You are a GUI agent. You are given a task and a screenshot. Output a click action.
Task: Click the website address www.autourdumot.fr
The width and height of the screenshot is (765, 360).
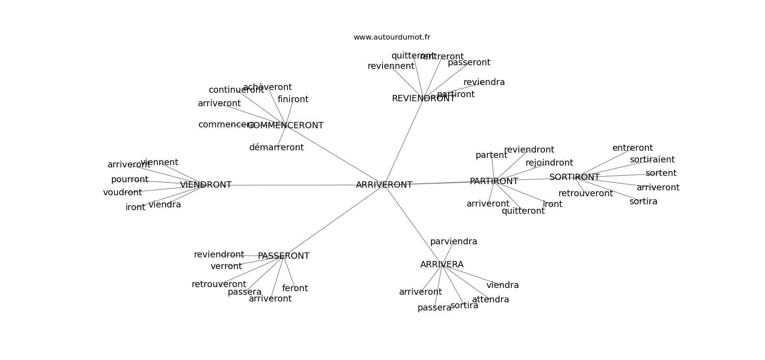pyautogui.click(x=391, y=37)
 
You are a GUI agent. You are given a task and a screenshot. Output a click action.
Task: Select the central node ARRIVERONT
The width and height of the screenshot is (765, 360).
pyautogui.click(x=384, y=185)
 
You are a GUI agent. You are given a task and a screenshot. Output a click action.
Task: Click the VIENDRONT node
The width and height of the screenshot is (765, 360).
pyautogui.click(x=206, y=185)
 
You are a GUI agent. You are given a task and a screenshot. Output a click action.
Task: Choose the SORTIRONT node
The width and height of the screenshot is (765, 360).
pyautogui.click(x=574, y=177)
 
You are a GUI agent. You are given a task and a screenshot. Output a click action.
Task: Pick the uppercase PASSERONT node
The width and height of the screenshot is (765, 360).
pyautogui.click(x=283, y=256)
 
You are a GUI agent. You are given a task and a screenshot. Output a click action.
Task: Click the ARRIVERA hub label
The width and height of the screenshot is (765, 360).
pyautogui.click(x=441, y=265)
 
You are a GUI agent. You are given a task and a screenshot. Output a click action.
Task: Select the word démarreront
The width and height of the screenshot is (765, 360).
pyautogui.click(x=276, y=148)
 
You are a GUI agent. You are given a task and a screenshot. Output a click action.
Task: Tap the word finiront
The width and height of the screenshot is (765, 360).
pyautogui.click(x=293, y=99)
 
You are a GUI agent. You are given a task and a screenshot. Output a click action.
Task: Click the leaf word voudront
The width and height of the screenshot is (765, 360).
pyautogui.click(x=122, y=193)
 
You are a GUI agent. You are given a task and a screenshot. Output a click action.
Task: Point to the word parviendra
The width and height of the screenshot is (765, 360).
pyautogui.click(x=453, y=242)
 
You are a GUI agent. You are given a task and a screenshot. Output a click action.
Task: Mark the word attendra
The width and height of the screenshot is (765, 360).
pyautogui.click(x=490, y=300)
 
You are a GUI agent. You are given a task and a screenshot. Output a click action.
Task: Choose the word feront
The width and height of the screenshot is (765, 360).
pyautogui.click(x=295, y=288)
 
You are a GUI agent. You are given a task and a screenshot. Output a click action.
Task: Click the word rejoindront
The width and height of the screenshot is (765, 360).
pyautogui.click(x=549, y=163)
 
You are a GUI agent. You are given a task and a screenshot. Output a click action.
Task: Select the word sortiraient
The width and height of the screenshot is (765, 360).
pyautogui.click(x=652, y=160)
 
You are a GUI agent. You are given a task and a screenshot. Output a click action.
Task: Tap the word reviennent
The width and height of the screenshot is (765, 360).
pyautogui.click(x=391, y=66)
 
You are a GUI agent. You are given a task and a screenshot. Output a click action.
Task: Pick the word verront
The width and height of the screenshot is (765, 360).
pyautogui.click(x=226, y=266)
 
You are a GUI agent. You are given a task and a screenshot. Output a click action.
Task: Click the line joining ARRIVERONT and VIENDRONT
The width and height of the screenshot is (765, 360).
pyautogui.click(x=292, y=185)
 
